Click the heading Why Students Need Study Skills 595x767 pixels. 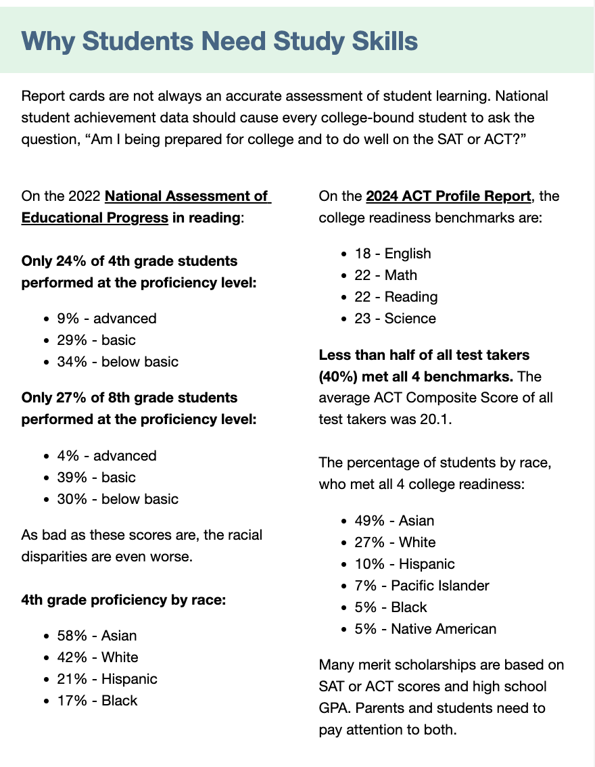pos(220,41)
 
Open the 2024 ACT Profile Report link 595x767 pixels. pos(448,196)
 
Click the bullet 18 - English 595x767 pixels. pos(393,254)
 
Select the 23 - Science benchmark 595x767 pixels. pos(396,319)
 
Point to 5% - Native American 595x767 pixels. pos(425,629)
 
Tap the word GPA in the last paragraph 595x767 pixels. pos(334,709)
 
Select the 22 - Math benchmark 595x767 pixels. pos(386,275)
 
